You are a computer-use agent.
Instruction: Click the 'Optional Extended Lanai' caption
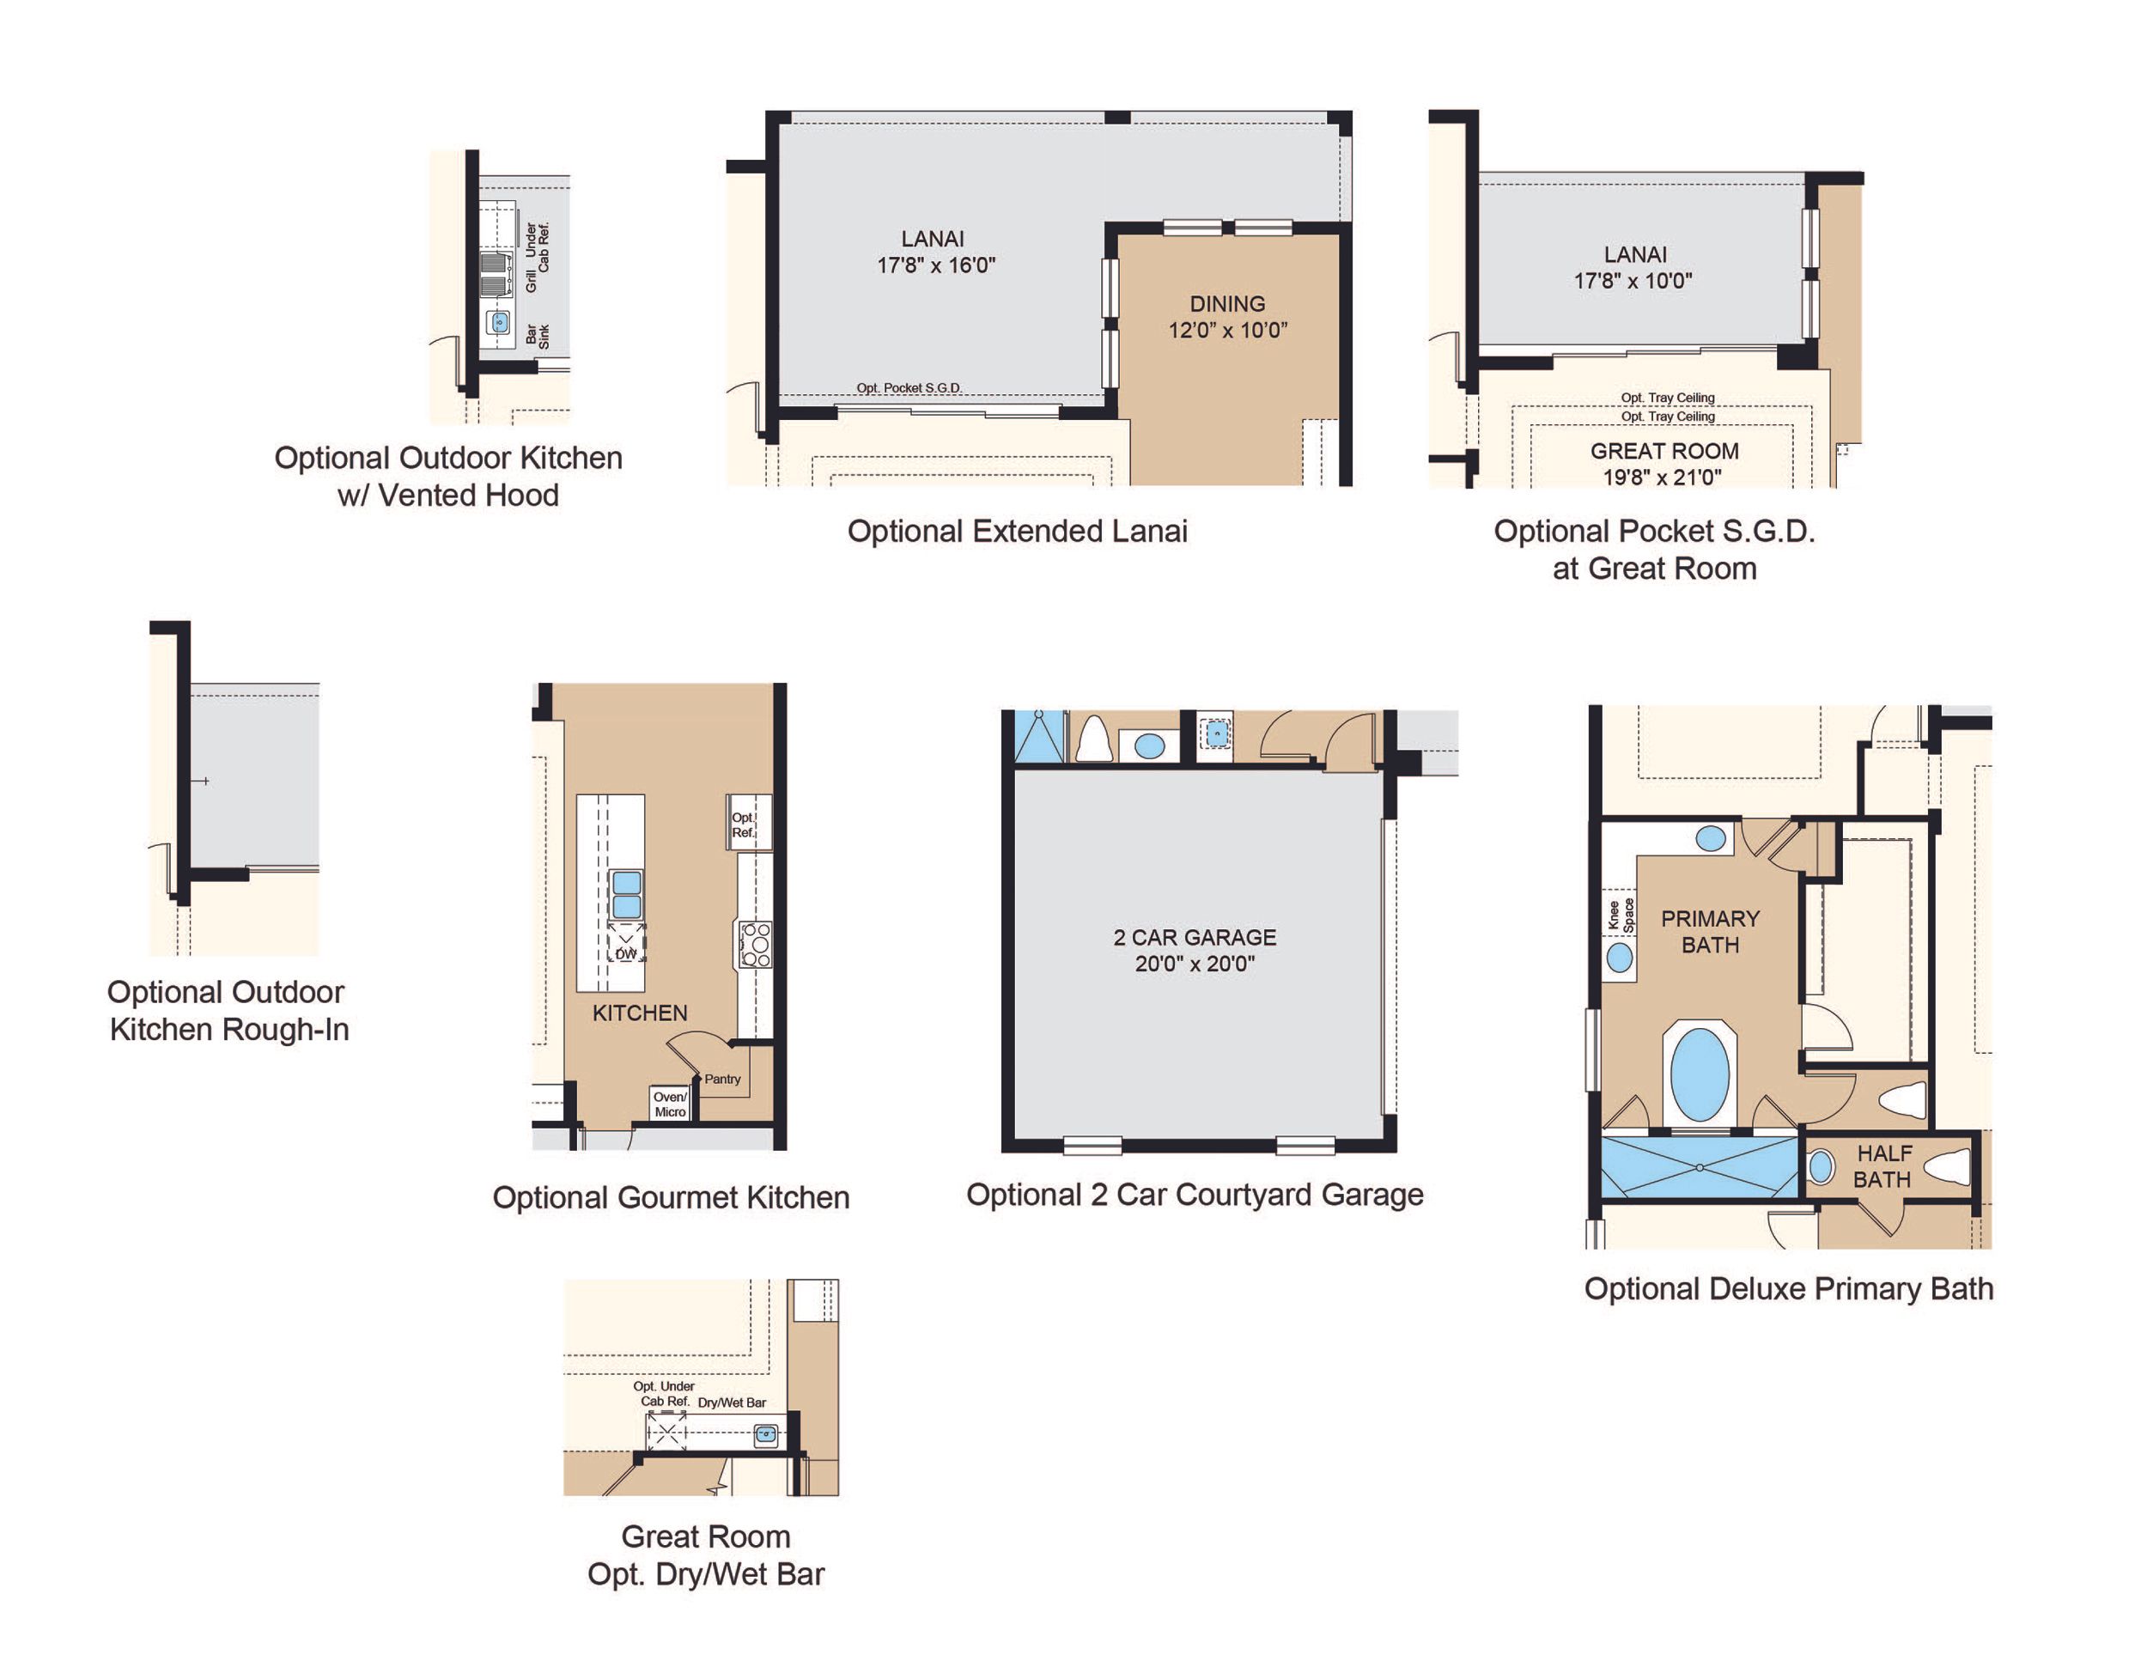pyautogui.click(x=1017, y=532)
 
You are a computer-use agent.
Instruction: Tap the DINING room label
pyautogui.click(x=1227, y=304)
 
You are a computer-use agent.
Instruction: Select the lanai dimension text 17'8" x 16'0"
pyautogui.click(x=936, y=265)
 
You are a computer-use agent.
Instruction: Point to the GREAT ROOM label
pyautogui.click(x=1664, y=451)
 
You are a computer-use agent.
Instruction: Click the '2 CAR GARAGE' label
pyautogui.click(x=1195, y=937)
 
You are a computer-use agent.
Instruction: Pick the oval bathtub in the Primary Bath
pyautogui.click(x=1700, y=1075)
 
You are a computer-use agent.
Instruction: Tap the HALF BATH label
pyautogui.click(x=1883, y=1165)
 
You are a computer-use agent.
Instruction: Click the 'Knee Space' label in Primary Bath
pyautogui.click(x=1620, y=915)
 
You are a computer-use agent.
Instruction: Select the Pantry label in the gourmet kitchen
pyautogui.click(x=721, y=1080)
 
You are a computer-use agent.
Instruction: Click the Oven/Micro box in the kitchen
pyautogui.click(x=670, y=1104)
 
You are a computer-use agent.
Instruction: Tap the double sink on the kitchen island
pyautogui.click(x=627, y=894)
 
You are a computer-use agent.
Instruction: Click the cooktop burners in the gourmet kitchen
pyautogui.click(x=756, y=945)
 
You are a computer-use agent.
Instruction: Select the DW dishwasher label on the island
pyautogui.click(x=626, y=953)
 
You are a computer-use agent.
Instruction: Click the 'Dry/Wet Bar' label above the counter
pyautogui.click(x=732, y=1402)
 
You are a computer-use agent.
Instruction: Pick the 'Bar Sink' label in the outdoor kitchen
pyautogui.click(x=538, y=336)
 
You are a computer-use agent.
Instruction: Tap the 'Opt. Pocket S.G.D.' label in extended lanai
pyautogui.click(x=909, y=387)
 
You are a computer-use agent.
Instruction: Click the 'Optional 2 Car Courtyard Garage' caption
pyautogui.click(x=1195, y=1195)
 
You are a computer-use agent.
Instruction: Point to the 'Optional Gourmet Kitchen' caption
pyautogui.click(x=671, y=1197)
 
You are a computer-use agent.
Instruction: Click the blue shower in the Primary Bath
pyautogui.click(x=1699, y=1166)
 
